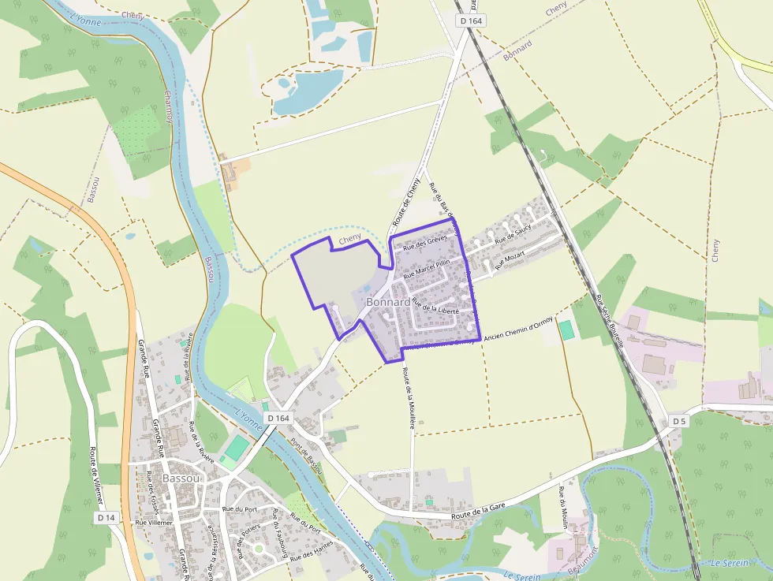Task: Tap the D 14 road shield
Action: [106, 518]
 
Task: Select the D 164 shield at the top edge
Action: [469, 20]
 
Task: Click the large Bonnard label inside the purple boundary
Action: [387, 302]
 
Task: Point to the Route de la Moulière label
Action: [408, 398]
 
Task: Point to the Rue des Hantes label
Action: [312, 549]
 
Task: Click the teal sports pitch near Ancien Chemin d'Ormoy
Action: [567, 330]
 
